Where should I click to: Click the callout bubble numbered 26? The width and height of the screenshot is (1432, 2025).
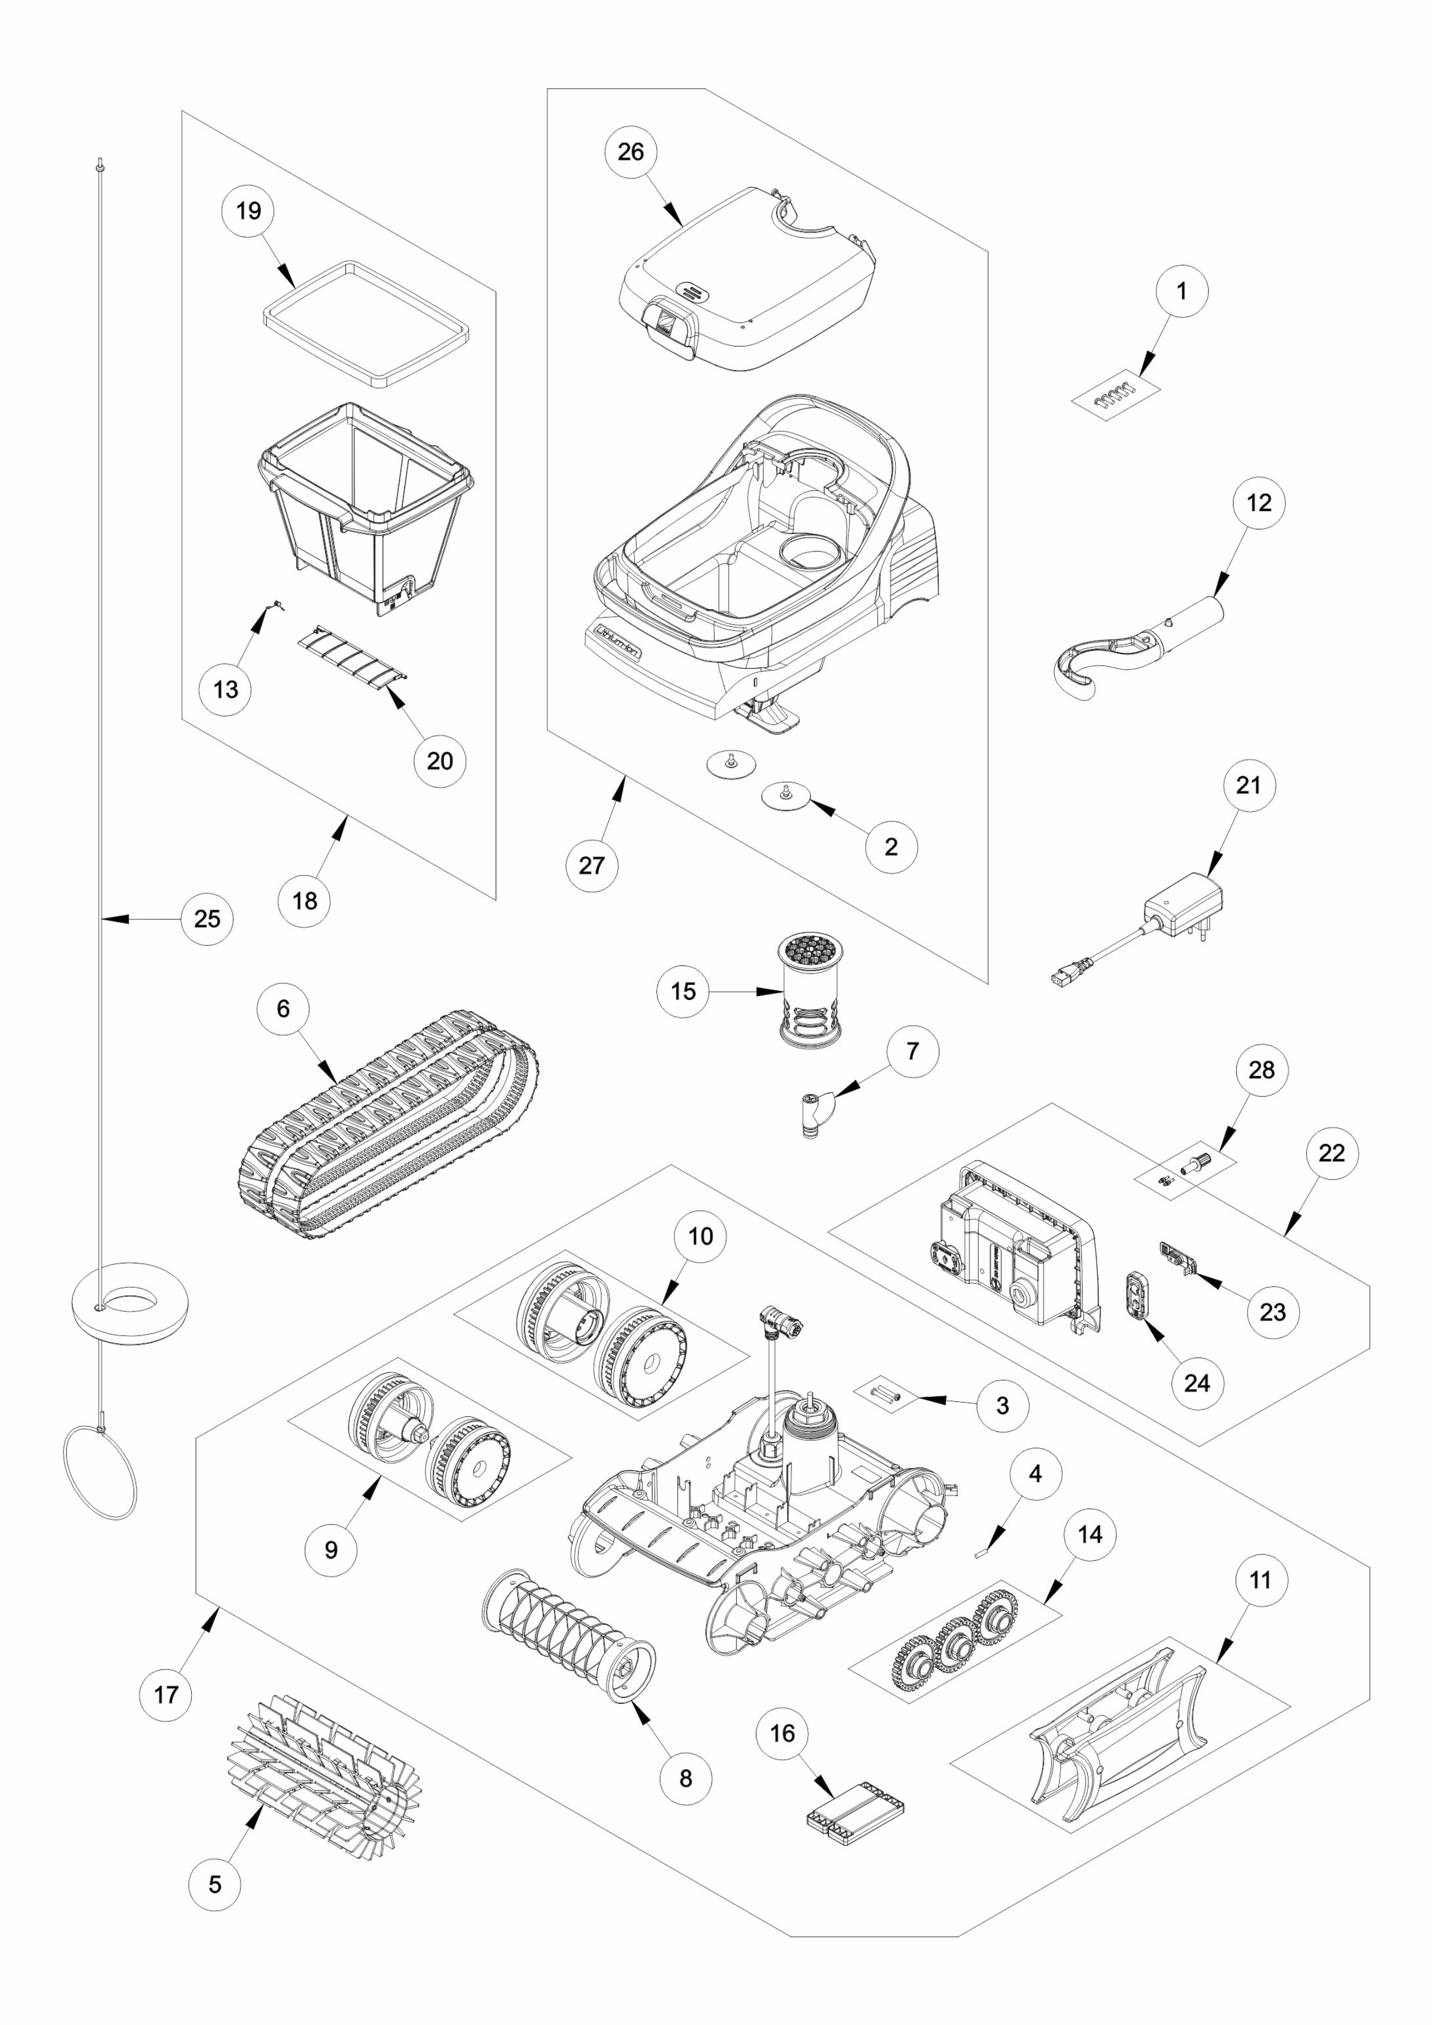[x=631, y=152]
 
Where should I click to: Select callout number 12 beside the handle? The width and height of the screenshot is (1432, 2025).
[x=1258, y=503]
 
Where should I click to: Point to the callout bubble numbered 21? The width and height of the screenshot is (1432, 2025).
[x=1248, y=784]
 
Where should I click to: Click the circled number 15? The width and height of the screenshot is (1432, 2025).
[x=683, y=991]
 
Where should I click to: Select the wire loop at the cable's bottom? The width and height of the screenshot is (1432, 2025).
[x=100, y=1472]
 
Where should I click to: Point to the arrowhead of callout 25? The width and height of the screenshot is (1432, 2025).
[x=109, y=919]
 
